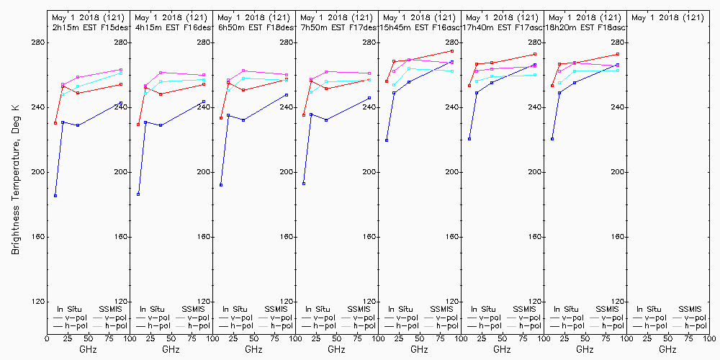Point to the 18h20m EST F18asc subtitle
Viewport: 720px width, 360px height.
pyautogui.click(x=588, y=27)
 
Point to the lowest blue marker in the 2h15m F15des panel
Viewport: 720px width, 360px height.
pyautogui.click(x=55, y=196)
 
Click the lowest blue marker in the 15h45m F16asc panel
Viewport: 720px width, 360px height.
pyautogui.click(x=387, y=140)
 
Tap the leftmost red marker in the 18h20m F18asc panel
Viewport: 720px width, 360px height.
pyautogui.click(x=552, y=86)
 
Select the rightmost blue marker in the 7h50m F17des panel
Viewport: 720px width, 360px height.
pyautogui.click(x=369, y=98)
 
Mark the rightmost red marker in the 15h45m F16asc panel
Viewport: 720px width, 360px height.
pyautogui.click(x=452, y=51)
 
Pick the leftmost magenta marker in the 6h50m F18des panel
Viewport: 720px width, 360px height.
pyautogui.click(x=228, y=80)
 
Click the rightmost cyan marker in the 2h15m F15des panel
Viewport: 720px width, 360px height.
pyautogui.click(x=121, y=73)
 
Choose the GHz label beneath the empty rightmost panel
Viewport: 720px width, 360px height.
pyautogui.click(x=667, y=349)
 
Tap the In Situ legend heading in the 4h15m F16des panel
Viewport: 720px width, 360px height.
pyautogui.click(x=152, y=309)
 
